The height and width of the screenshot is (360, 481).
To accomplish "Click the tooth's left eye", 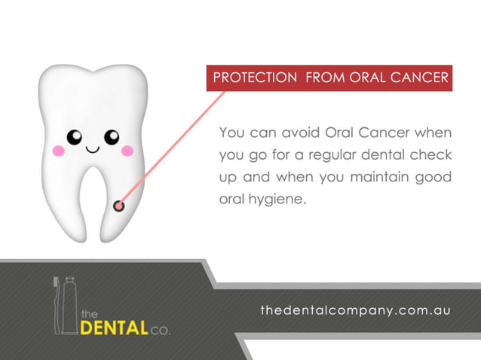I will pos(74,137).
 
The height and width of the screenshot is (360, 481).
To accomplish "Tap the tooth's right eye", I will pos(112,137).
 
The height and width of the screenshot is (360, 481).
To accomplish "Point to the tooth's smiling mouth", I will pos(93,148).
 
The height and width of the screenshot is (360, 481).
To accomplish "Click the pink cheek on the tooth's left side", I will pos(59,151).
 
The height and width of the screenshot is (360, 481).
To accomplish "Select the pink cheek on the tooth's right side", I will pos(127,151).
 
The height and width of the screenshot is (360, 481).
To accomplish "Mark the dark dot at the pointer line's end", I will pos(118,205).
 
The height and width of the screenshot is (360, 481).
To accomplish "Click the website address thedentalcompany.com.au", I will pos(354,310).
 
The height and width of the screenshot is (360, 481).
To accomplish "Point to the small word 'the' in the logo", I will pos(89,313).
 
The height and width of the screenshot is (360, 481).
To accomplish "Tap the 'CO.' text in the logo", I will pos(161,329).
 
